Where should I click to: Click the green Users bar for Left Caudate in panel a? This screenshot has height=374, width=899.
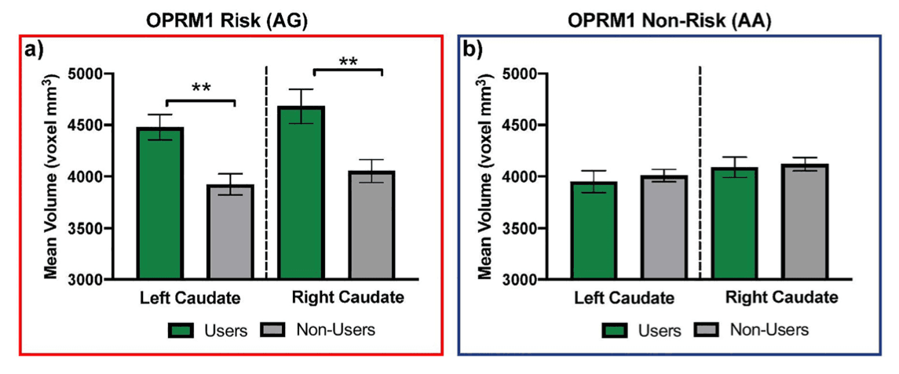tap(160, 203)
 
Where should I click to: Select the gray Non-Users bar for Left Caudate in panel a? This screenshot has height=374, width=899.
tap(230, 232)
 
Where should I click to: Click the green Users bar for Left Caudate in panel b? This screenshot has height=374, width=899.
tap(594, 231)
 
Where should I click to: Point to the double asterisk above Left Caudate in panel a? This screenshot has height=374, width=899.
tap(201, 89)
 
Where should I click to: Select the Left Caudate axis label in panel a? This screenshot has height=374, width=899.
tap(191, 298)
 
